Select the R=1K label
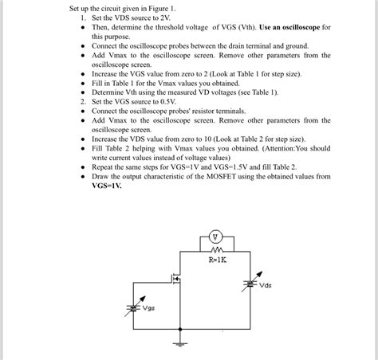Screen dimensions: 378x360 tap(218, 260)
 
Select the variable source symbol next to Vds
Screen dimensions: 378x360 tap(248, 284)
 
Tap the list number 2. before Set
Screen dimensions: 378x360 tap(83, 102)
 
